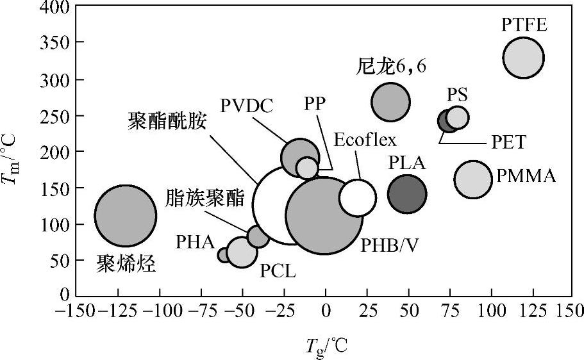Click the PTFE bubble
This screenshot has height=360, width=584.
[524, 58]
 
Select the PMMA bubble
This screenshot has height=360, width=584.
[473, 179]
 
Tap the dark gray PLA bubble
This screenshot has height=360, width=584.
[407, 193]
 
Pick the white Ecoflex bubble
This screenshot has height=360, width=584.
[358, 197]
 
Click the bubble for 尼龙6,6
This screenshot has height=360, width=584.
[390, 101]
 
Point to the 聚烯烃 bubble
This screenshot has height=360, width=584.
[125, 216]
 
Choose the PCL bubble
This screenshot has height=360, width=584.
[242, 252]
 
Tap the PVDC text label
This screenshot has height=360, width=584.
[246, 106]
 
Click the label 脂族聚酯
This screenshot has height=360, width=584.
[204, 197]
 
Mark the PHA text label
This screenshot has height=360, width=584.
[196, 241]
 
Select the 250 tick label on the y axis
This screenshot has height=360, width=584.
[54, 116]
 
